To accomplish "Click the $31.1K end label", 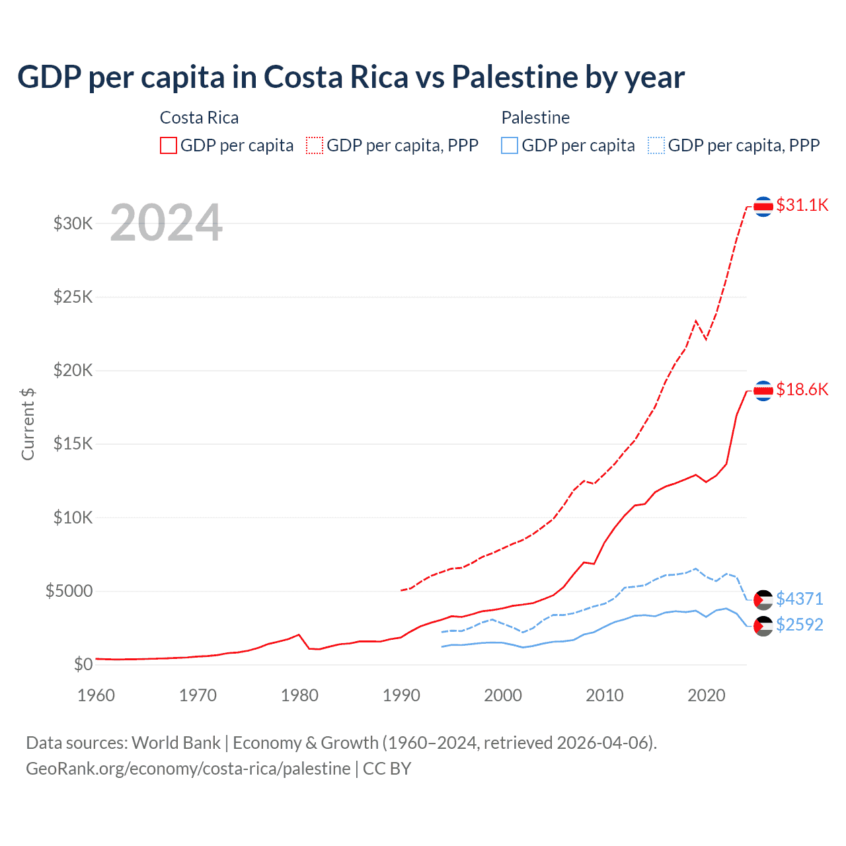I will click(x=802, y=206).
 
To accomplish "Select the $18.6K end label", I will click(x=802, y=390).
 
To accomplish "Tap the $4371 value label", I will click(x=800, y=599).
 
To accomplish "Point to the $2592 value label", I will click(x=800, y=625).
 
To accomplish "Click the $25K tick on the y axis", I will click(x=73, y=297).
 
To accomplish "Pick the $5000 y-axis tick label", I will click(x=69, y=591).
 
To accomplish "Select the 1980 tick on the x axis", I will click(x=299, y=695).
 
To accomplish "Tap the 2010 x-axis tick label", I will click(x=605, y=695).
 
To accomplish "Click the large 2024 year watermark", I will click(x=166, y=223).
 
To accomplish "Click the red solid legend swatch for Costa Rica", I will click(x=169, y=145).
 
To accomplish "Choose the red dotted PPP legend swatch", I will click(x=315, y=145).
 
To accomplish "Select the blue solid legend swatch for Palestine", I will click(x=510, y=145).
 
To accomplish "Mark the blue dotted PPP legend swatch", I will click(x=656, y=145).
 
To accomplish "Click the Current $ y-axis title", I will click(x=28, y=424).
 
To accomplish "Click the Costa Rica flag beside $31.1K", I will click(x=763, y=207).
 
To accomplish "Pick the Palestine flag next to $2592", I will click(x=763, y=625).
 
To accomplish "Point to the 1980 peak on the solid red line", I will click(x=299, y=634).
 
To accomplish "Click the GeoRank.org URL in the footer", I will click(x=188, y=769).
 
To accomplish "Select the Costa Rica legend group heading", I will click(x=199, y=118).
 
